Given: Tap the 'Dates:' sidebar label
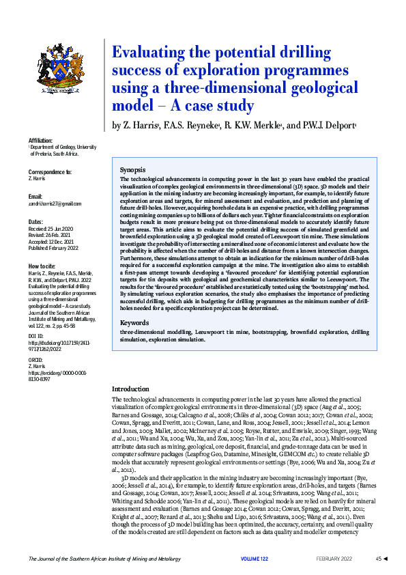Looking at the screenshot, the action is coord(35,223).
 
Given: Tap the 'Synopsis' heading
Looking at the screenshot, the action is coord(132,169).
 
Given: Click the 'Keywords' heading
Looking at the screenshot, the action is coord(134,322).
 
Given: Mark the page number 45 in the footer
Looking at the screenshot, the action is coord(378,559).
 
